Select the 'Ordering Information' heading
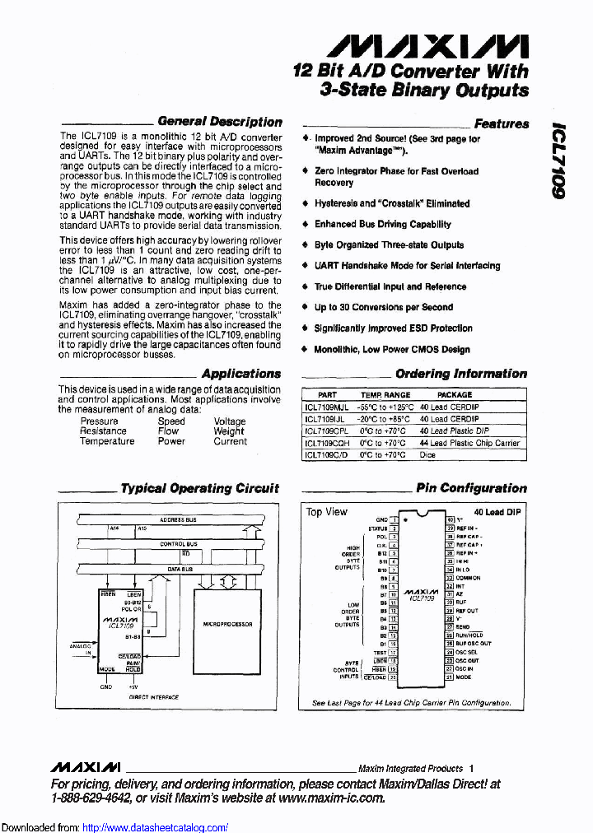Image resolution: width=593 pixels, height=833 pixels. click(460, 374)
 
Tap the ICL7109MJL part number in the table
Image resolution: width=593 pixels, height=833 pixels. click(327, 407)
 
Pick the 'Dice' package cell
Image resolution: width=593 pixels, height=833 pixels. click(427, 454)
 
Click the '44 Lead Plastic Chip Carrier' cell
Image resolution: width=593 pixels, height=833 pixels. click(469, 443)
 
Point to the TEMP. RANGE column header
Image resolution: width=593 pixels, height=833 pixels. click(385, 395)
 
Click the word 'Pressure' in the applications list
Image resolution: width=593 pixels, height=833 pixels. click(99, 421)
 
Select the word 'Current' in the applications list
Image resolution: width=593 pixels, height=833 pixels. click(230, 441)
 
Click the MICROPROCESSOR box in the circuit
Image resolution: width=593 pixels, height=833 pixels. click(228, 624)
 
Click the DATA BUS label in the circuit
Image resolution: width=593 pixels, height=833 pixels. click(180, 569)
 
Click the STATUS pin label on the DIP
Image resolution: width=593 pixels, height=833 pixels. click(378, 528)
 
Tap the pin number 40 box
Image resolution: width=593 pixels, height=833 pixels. click(450, 520)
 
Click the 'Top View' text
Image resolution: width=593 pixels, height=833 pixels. click(327, 512)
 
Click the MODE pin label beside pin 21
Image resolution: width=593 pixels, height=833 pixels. click(464, 677)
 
